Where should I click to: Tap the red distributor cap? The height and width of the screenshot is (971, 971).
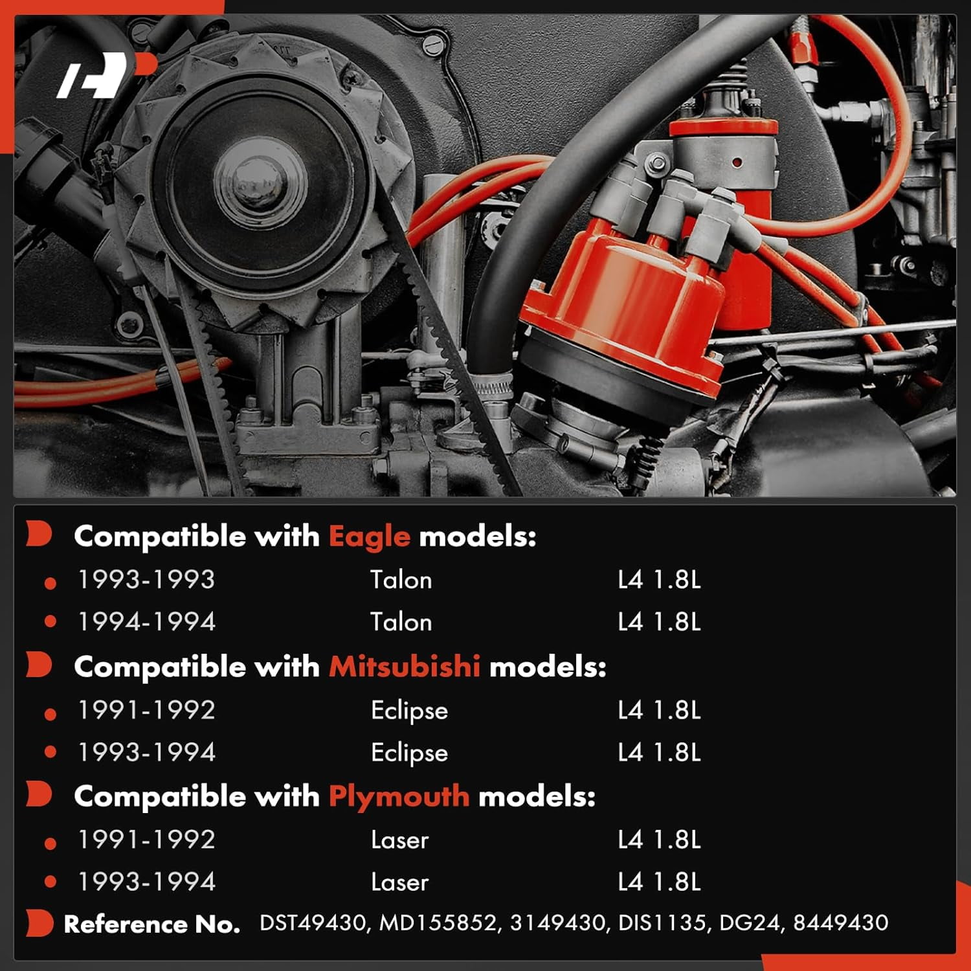(x=625, y=311)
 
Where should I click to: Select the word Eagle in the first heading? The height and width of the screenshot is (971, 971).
(x=369, y=537)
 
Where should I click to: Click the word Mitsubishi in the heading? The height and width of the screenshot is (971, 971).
(x=405, y=666)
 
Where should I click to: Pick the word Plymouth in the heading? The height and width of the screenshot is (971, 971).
(x=399, y=796)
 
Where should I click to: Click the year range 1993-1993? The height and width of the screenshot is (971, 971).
(x=146, y=579)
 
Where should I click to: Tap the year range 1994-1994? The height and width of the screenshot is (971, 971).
(x=146, y=621)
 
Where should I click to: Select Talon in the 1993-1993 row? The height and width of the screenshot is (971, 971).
(x=401, y=579)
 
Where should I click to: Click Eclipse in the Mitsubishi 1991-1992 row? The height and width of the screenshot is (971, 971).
(x=409, y=710)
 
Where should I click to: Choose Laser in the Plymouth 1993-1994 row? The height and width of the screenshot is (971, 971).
(x=399, y=882)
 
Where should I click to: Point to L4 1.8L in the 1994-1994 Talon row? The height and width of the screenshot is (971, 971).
(x=659, y=621)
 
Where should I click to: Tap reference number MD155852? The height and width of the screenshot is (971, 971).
(x=438, y=922)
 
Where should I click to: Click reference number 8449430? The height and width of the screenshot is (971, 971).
(x=841, y=922)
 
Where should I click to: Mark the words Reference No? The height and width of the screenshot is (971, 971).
(x=152, y=924)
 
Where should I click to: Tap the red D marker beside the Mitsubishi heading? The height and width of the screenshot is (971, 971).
(x=39, y=665)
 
